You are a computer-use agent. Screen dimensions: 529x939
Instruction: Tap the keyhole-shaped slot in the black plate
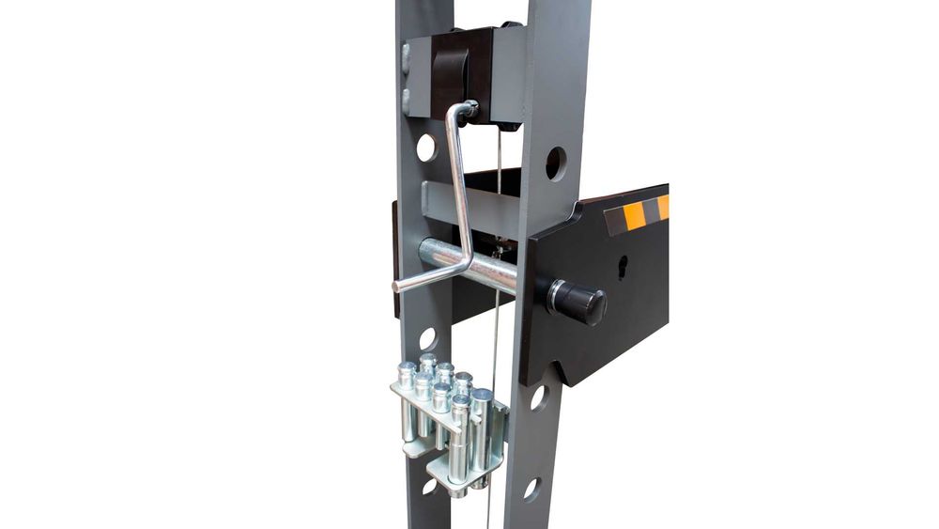[622, 268]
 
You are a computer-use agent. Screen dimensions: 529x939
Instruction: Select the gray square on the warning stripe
[616, 222]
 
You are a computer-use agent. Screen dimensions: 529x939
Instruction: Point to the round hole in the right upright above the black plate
[555, 163]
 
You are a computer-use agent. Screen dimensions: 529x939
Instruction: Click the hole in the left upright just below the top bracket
[426, 148]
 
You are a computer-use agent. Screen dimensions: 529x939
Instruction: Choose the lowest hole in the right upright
[531, 490]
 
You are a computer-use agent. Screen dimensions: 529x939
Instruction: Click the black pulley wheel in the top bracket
[454, 70]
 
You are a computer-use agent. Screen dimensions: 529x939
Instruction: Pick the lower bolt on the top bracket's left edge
[407, 97]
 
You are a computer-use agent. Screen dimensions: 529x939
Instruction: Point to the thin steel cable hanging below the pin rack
[488, 507]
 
